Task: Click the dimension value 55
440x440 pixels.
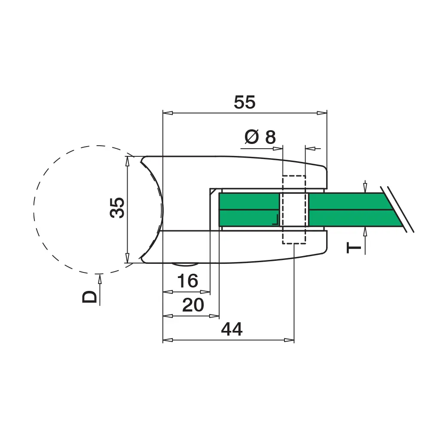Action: (244, 102)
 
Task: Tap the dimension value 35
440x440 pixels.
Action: (117, 208)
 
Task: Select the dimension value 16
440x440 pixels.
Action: (187, 281)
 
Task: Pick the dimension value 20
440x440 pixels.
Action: (193, 305)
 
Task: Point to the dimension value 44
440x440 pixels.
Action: (232, 329)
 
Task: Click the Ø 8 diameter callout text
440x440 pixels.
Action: (260, 137)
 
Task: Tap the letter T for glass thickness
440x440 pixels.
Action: (354, 248)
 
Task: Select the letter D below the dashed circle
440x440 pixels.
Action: (89, 296)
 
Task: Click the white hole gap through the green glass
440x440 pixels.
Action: (294, 209)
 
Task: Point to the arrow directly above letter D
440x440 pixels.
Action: (100, 289)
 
